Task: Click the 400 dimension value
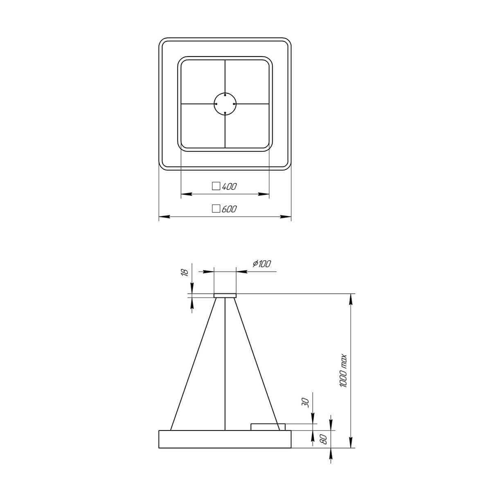[x=229, y=187]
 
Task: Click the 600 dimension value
[x=229, y=209]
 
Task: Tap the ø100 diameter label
[x=262, y=264]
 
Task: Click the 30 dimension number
[x=306, y=403]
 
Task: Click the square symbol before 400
[x=216, y=186]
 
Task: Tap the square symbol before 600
[x=216, y=209]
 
